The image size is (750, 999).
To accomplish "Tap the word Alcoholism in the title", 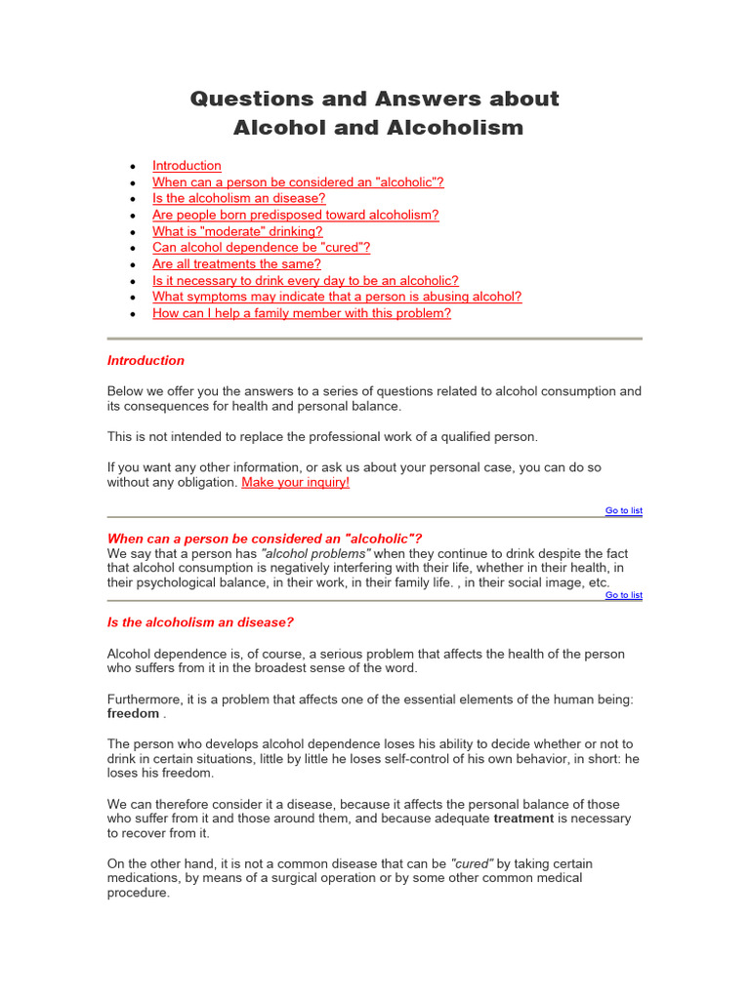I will [x=462, y=128].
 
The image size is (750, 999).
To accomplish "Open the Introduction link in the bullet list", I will [x=187, y=166].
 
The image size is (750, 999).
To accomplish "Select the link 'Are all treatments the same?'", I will [x=236, y=264].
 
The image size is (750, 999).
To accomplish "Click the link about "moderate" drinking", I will [x=237, y=231].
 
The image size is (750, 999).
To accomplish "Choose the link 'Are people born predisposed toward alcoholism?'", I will [x=296, y=215].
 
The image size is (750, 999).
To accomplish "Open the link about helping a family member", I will [x=302, y=313].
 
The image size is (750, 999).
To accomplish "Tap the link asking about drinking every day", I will [x=306, y=281].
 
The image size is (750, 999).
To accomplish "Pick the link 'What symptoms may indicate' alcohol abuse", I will [x=337, y=297].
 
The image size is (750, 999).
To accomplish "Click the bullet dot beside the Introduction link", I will [x=132, y=167].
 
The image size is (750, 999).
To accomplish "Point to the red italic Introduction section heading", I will [x=146, y=361].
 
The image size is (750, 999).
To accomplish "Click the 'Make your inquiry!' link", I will [x=295, y=482].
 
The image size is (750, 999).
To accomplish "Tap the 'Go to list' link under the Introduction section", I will [x=623, y=510].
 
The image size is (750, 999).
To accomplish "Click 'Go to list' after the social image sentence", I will [x=623, y=595].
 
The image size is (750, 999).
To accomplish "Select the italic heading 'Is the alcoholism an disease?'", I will [x=200, y=622].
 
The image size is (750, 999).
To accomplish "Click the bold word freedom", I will [x=133, y=713].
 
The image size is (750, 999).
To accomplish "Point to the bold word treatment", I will [x=523, y=819].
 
